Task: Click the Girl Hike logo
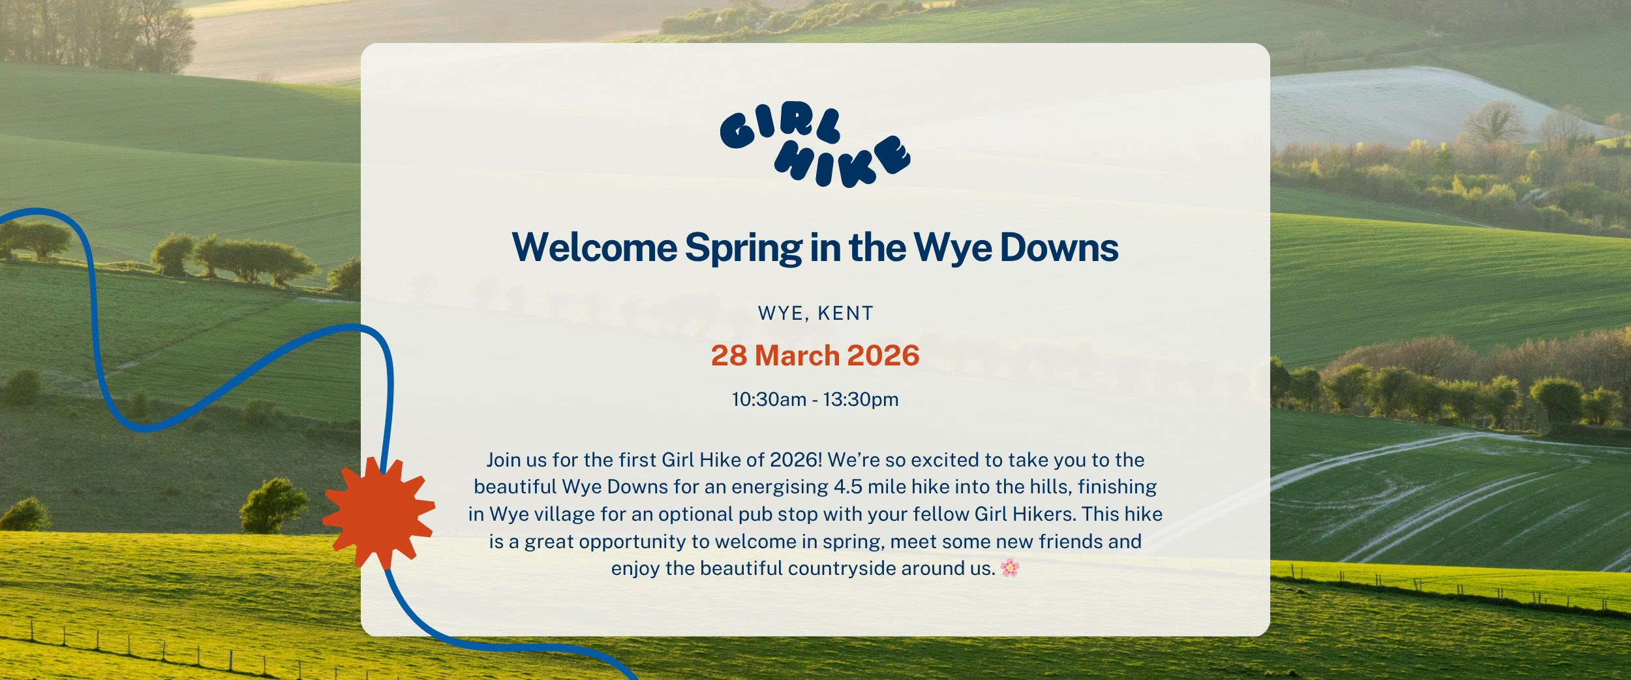[815, 144]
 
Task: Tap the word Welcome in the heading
[594, 248]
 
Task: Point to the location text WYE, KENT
[815, 314]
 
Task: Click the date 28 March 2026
[815, 356]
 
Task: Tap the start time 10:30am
[769, 399]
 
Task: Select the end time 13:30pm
[861, 399]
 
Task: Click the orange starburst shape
[378, 512]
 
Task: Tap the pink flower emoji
[1009, 568]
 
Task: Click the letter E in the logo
[892, 155]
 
